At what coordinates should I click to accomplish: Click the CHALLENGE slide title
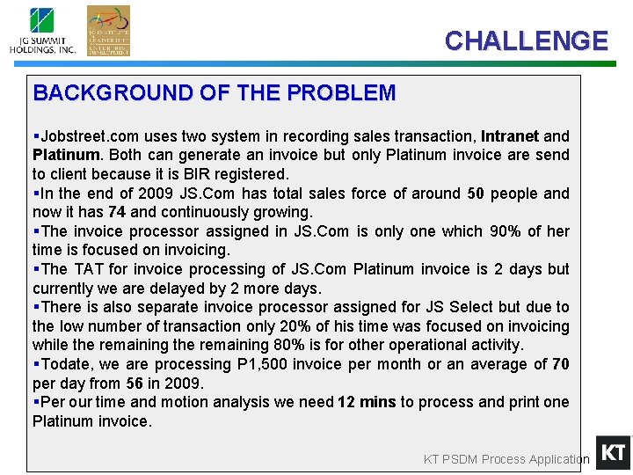click(x=526, y=41)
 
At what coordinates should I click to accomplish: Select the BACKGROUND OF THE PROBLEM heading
click(x=215, y=92)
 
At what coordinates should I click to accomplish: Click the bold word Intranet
click(x=510, y=136)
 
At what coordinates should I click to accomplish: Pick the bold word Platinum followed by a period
click(x=66, y=155)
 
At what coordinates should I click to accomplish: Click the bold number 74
click(x=118, y=212)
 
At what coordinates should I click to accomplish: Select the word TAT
click(x=88, y=269)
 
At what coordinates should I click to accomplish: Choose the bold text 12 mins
click(x=367, y=402)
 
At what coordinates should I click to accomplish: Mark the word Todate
click(x=65, y=364)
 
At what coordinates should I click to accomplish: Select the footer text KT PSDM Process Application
click(x=506, y=459)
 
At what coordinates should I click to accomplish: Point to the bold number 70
click(x=560, y=364)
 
